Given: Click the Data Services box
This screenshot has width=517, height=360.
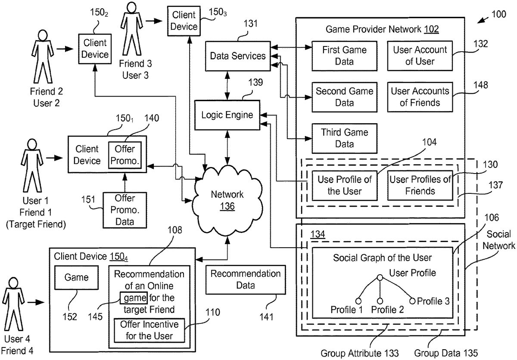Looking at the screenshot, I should coord(238,56).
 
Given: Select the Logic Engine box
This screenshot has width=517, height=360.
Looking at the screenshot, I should coord(227,115).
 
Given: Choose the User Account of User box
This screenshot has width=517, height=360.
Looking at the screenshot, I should coord(420,56).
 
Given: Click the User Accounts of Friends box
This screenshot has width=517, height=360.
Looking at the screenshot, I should coord(420,97).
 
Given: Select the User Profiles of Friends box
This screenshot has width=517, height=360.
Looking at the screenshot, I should coord(420,185).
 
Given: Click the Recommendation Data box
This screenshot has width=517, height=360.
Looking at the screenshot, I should coord(245,279).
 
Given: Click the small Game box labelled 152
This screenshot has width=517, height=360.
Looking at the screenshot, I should coord(76,278).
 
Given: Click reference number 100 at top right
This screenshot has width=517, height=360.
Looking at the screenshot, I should coord(499,14).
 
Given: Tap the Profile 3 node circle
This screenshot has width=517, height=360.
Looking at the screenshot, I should coord(412,301).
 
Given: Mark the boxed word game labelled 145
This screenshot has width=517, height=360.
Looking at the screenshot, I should coord(134,298).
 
